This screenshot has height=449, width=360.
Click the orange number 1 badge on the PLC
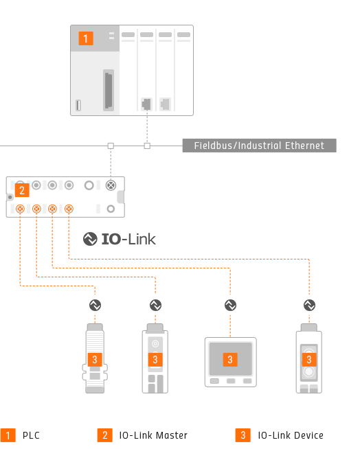point(86,38)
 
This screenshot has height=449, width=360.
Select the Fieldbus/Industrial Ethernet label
point(260,146)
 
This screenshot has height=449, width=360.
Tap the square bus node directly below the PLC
point(147,146)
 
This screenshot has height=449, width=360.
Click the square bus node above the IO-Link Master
point(111,146)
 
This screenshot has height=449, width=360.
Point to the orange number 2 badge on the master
point(22,190)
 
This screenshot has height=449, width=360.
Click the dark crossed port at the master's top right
point(111,185)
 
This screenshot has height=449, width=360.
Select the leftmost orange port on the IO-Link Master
point(20,209)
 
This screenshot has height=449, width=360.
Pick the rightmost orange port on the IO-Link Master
point(69,209)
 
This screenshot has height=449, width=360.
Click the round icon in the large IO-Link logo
point(90,239)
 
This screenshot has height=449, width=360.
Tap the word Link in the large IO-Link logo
point(142,239)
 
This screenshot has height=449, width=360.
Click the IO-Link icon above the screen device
point(230,306)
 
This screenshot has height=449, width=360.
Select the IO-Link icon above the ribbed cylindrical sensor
point(95,306)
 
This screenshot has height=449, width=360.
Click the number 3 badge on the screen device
point(230,359)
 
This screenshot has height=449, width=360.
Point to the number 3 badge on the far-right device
point(309,359)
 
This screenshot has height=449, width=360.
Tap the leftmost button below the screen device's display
point(214,381)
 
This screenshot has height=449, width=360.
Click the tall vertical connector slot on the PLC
point(109,90)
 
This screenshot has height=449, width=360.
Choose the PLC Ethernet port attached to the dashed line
point(146,104)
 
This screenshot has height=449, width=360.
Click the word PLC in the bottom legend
point(31,435)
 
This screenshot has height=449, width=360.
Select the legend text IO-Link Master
point(153,435)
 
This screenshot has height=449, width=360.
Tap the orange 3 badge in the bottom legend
point(243,435)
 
